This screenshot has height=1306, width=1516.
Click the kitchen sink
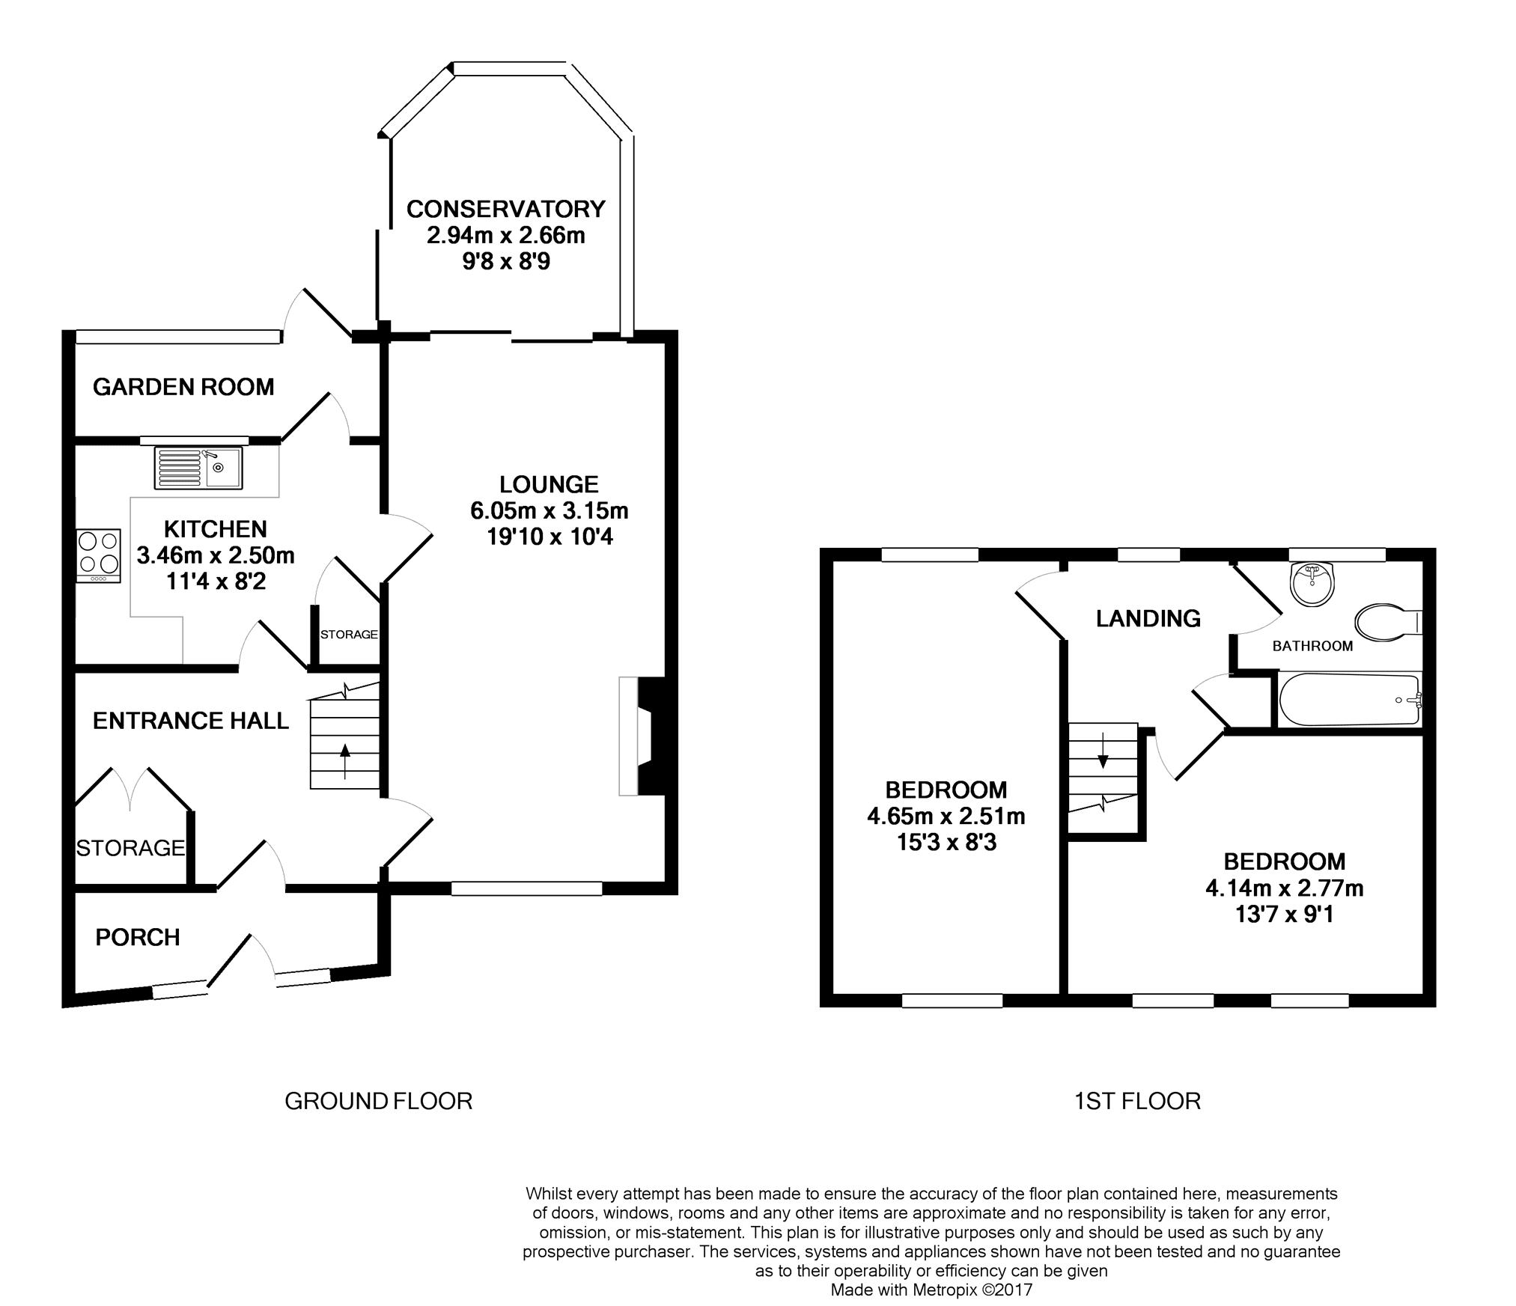[x=198, y=469]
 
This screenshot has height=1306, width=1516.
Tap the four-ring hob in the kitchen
[x=99, y=556]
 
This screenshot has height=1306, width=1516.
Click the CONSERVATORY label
[x=506, y=208]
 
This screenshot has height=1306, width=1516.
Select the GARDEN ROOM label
[x=183, y=387]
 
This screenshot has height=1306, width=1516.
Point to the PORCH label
[x=138, y=937]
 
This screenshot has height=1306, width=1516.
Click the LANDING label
[x=1148, y=618]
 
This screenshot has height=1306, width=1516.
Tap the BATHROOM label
[x=1313, y=646]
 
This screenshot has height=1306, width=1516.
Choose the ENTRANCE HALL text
[x=191, y=721]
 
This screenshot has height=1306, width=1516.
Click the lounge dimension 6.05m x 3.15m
[x=550, y=510]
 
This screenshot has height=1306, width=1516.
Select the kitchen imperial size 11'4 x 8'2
[x=216, y=582]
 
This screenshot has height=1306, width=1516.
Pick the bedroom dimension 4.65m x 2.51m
[x=946, y=816]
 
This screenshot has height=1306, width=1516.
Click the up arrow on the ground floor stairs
[x=345, y=761]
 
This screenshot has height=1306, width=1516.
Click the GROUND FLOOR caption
[x=379, y=1101]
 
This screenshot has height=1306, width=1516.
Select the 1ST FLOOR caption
[x=1138, y=1101]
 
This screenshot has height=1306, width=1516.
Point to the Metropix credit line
[x=932, y=1290]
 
